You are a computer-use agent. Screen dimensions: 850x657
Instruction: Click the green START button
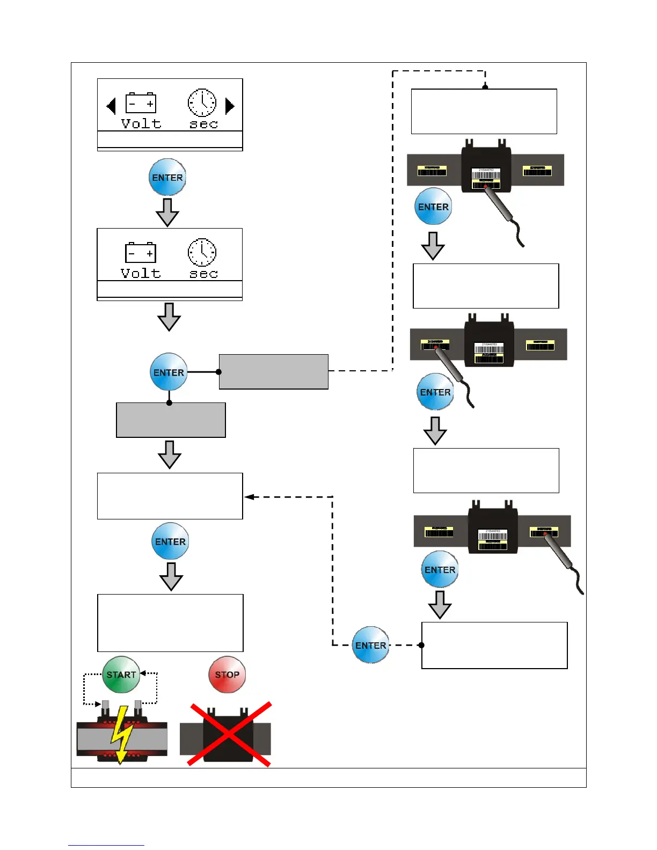121,675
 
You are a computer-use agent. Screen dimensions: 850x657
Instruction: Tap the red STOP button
227,675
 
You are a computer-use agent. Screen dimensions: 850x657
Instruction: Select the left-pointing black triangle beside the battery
111,106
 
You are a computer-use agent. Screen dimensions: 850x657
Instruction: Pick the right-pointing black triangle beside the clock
230,106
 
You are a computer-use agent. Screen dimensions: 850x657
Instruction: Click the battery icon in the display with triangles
141,103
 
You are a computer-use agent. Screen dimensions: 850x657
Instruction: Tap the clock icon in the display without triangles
202,252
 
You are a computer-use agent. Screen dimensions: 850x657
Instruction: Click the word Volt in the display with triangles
141,124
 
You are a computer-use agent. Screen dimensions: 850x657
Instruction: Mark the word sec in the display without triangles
204,274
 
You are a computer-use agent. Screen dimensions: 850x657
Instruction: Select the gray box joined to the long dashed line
273,371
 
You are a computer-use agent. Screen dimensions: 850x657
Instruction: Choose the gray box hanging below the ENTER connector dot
171,420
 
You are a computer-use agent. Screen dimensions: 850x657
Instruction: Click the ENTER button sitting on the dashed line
371,645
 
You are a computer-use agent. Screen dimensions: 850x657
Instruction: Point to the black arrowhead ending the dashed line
249,497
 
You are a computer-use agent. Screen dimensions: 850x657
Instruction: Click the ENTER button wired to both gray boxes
169,372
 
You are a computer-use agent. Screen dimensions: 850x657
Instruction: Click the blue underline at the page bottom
106,845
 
